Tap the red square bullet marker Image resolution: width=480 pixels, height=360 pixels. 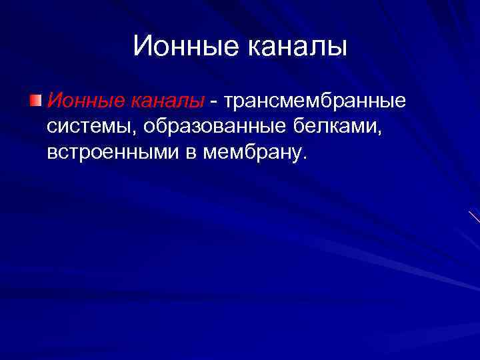coord(35,101)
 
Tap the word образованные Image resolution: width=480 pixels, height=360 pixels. coord(211,127)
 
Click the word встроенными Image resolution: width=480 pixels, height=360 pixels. coord(113,153)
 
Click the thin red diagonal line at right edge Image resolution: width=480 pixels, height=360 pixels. coord(474,216)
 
